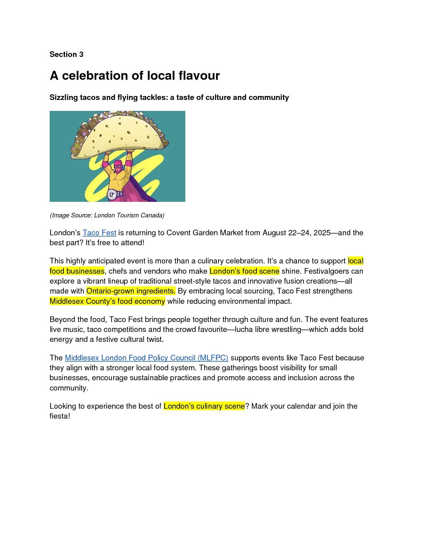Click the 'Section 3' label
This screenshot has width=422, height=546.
tap(66, 54)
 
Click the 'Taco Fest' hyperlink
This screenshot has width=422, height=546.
tap(99, 233)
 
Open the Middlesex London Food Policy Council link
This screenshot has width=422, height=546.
tap(146, 358)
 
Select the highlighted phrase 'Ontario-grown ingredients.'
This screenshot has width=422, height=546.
tap(131, 291)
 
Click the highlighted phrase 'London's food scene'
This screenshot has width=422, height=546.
tap(244, 271)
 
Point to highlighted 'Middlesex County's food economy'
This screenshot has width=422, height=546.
tap(107, 301)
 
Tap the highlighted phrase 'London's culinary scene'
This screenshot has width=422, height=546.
tap(204, 406)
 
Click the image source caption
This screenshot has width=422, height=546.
tap(107, 215)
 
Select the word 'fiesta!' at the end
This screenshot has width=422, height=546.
tap(60, 416)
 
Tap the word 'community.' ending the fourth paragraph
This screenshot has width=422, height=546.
tap(69, 388)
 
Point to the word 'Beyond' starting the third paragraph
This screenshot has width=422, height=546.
tap(62, 319)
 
